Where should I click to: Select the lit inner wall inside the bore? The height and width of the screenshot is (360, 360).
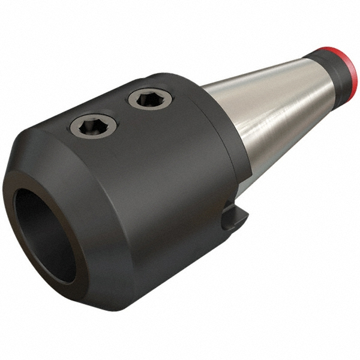coord(60,252)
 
